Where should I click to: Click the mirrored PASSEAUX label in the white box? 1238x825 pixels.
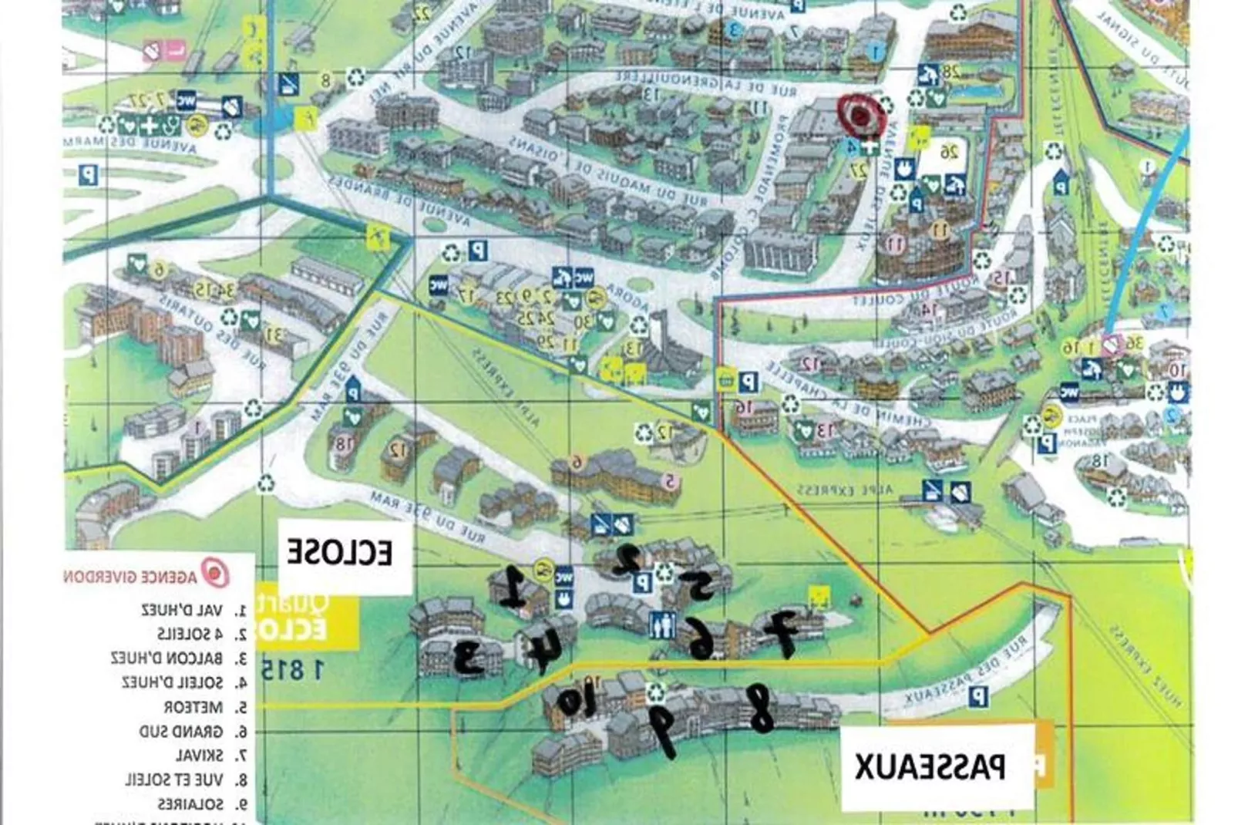point(930,766)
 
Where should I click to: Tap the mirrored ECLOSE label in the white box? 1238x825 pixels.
point(340,553)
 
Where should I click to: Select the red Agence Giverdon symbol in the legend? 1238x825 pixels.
point(215,574)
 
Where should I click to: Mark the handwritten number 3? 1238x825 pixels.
point(469,658)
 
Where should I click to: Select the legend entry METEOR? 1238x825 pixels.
point(193,707)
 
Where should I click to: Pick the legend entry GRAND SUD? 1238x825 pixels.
point(182,731)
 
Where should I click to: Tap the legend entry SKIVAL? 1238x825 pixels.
point(200,755)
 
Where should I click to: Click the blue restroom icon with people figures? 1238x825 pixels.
point(663,624)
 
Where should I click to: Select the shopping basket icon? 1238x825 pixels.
point(725,379)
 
